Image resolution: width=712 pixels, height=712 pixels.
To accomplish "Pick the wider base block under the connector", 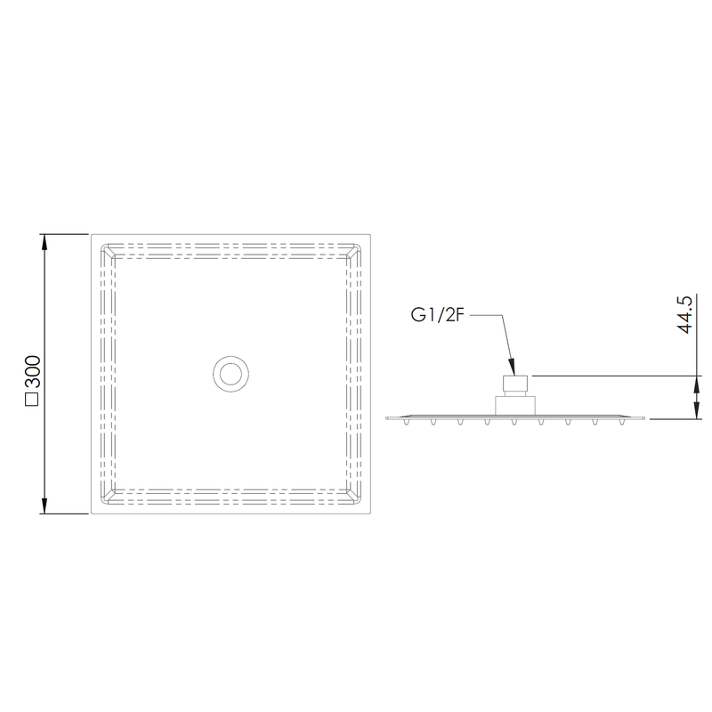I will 515,404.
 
